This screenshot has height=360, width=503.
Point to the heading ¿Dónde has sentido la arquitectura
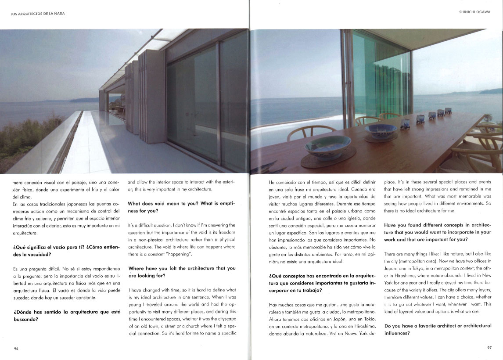67,316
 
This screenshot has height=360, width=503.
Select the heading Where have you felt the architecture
181,271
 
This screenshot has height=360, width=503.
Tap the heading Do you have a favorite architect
437,329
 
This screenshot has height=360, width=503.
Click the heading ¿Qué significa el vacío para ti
67,250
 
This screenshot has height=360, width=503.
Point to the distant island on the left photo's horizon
83,100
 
